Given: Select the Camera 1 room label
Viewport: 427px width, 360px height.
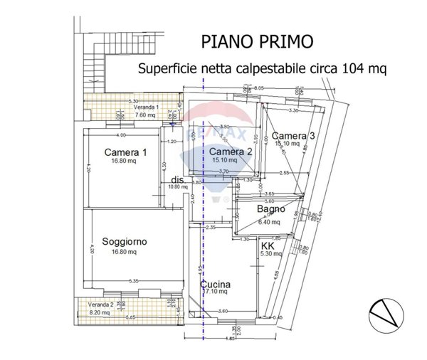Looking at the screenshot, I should pos(125,152).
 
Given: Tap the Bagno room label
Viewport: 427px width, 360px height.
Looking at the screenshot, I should pos(271,209).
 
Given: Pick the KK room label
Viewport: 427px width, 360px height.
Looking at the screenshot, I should pos(268,245).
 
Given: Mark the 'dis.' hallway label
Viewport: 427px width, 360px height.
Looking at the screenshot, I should pos(177,181).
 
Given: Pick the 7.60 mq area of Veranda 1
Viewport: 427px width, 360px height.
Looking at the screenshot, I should pos(145,114).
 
